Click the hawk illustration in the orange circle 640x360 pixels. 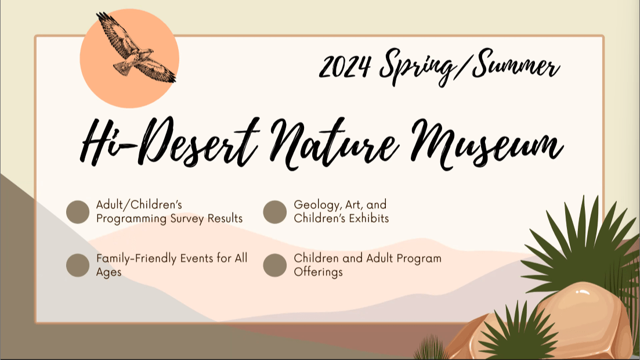[x=135, y=48]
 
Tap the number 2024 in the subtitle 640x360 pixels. [x=345, y=66]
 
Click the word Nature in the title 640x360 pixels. [x=335, y=143]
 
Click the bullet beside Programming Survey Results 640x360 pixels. [x=78, y=212]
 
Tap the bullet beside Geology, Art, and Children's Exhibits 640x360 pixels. [x=274, y=212]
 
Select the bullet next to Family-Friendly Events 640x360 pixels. [x=78, y=265]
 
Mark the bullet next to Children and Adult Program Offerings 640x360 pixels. [x=274, y=265]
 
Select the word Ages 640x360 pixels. [x=109, y=272]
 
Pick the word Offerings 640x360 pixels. [x=319, y=272]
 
